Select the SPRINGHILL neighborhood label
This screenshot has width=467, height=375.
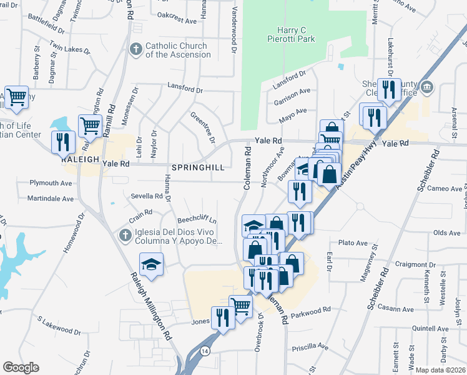[197, 168]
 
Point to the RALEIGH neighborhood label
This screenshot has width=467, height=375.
[81, 159]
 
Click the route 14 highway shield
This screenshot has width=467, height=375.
[205, 352]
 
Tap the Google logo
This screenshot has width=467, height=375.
[21, 367]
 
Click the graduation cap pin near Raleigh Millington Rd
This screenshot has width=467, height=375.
[151, 264]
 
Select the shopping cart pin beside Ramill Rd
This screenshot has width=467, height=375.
[90, 126]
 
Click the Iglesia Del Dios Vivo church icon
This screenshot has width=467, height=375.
[125, 236]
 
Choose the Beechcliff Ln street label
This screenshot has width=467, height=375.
[197, 220]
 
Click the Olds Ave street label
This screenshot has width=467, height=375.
[446, 232]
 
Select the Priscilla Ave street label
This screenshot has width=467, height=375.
[314, 346]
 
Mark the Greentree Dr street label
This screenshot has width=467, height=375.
[203, 127]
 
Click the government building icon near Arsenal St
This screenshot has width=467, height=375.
[427, 86]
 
